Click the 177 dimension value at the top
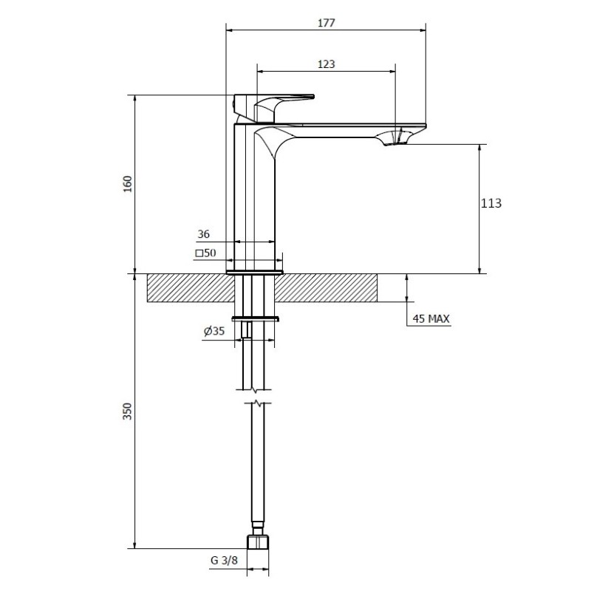(x=326, y=23)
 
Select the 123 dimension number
(x=326, y=64)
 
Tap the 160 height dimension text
(x=128, y=184)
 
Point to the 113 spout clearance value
(x=491, y=204)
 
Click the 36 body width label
(x=204, y=234)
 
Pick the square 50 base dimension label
(x=206, y=253)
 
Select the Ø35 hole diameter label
(x=214, y=331)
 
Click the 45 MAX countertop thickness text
(x=431, y=319)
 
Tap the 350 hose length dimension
(x=128, y=411)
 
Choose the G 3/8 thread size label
(x=225, y=560)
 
